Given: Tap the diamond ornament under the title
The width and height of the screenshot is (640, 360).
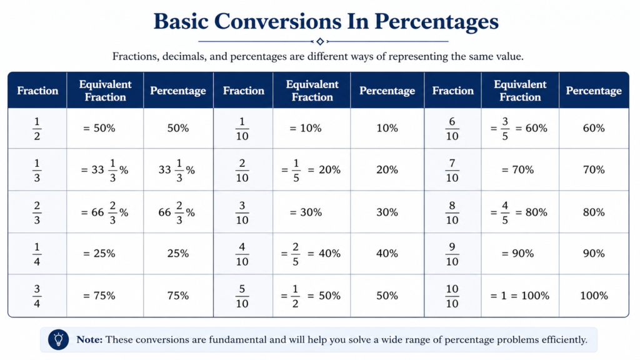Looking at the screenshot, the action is pos(320,41).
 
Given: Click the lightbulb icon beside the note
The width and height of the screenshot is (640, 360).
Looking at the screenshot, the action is pos(58,339).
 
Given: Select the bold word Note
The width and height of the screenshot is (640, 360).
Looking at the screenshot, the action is pos(89,339).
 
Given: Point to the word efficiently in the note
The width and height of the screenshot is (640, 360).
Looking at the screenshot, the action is pos(564,340).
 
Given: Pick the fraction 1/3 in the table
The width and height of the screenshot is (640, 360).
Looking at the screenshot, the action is pos(37,170).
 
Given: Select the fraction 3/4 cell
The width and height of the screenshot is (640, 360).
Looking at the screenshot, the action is pos(37,296).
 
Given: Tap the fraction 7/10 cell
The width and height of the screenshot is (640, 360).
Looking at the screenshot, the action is pos(452,170).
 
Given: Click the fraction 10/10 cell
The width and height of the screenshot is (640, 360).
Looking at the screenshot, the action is pos(452,296).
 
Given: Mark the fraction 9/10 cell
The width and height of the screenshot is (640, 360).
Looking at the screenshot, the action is pos(452,254).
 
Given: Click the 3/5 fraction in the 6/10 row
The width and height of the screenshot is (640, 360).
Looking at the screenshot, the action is pos(505,129).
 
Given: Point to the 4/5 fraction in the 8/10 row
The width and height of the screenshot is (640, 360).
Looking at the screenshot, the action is pos(505,212).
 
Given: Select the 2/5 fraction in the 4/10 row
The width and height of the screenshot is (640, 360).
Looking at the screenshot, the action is pos(296,254).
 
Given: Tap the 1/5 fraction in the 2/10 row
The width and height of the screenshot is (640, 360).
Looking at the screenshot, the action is pos(296,170).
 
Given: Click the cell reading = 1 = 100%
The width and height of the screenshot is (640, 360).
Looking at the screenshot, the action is pos(519,296).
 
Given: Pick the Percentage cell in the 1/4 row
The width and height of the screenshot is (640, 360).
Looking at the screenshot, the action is pos(178,254).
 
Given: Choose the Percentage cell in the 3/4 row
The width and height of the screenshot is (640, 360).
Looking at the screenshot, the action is pos(178,296).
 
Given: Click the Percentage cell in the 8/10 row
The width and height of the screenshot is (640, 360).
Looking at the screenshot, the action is pos(594,212).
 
